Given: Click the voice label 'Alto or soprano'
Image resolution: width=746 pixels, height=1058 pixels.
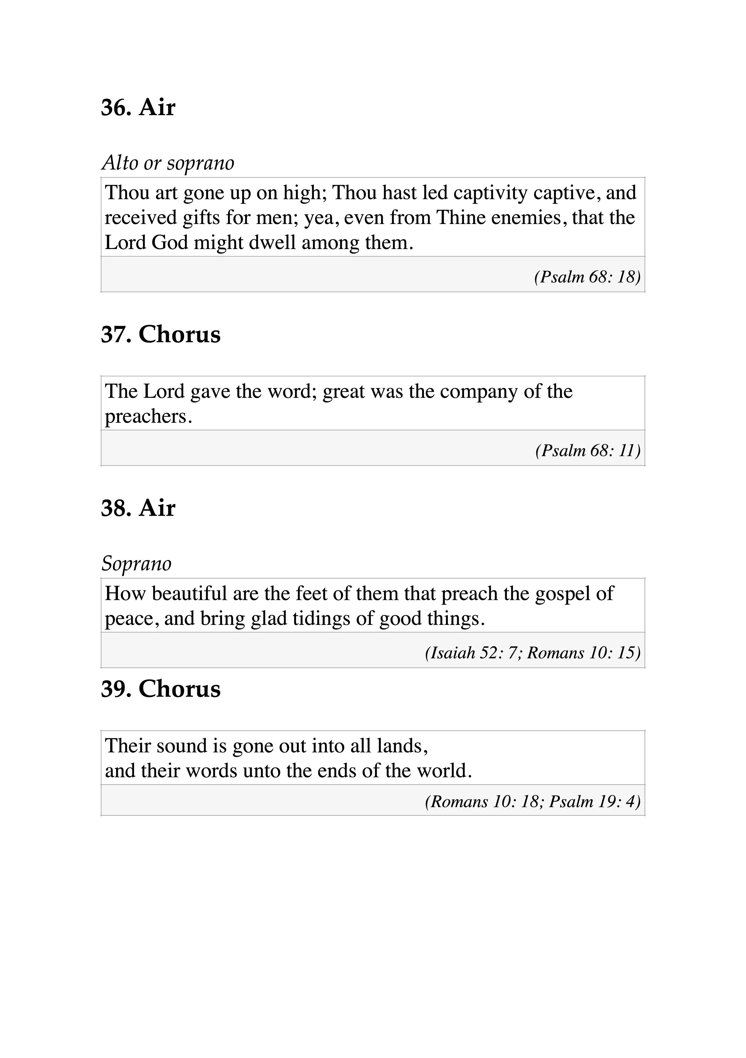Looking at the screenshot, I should [x=168, y=163].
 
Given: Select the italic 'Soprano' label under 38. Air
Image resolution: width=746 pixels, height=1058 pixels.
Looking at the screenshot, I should [x=136, y=563].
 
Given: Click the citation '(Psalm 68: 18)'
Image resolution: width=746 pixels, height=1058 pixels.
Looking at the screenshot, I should [x=587, y=277].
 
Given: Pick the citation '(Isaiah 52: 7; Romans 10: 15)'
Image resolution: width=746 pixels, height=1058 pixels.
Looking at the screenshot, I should [x=533, y=653].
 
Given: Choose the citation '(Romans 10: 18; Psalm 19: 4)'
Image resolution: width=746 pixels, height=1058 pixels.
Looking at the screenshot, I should [x=533, y=801].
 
